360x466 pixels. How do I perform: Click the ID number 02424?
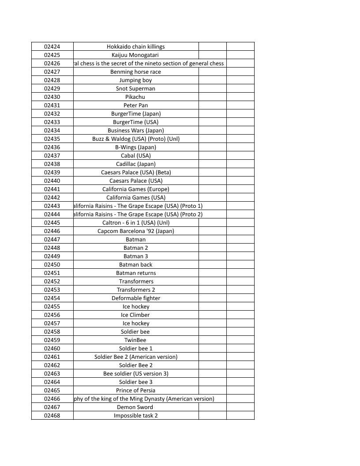[52, 46]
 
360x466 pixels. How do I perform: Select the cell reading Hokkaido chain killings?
[136, 46]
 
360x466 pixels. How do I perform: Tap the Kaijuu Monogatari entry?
[136, 55]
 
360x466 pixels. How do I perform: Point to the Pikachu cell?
[136, 97]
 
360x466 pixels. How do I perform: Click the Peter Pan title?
[136, 105]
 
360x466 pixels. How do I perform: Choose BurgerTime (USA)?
[136, 122]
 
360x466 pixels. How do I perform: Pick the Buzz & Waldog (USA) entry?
[136, 139]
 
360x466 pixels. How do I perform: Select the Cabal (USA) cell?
[136, 155]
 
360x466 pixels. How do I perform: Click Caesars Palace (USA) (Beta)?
[136, 172]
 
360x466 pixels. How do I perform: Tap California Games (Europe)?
[136, 189]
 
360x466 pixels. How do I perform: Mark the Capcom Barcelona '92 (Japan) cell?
[136, 231]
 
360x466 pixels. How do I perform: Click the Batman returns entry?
[136, 273]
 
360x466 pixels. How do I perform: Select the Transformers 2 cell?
[136, 289]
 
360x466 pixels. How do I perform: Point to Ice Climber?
[136, 315]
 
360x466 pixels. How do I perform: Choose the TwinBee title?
[136, 340]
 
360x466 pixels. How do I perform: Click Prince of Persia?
[136, 390]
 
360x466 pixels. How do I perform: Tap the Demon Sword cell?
[136, 407]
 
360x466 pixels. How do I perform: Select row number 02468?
[52, 415]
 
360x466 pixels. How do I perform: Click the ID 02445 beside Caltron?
[52, 222]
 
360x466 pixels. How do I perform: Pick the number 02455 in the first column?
[52, 306]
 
